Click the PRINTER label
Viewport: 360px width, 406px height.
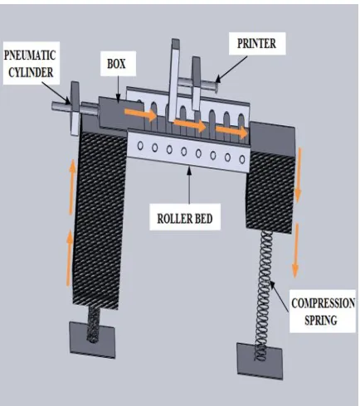tap(256, 43)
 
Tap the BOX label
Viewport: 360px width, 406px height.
tap(116, 64)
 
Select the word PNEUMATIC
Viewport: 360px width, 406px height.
tap(30, 56)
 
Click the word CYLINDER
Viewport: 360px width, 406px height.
tap(31, 72)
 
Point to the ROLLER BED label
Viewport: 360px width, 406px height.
tap(185, 219)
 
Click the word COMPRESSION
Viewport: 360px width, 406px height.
tap(324, 303)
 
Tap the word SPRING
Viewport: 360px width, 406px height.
tap(321, 320)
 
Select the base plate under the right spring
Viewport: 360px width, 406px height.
tap(260, 361)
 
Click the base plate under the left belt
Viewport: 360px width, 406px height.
tap(92, 340)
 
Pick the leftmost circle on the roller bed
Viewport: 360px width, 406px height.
tap(140, 146)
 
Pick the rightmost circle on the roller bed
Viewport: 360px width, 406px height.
tap(242, 159)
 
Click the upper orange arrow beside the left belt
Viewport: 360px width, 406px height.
tap(72, 187)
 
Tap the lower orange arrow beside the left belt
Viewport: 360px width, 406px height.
tap(69, 258)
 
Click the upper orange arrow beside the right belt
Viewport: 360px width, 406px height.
tap(298, 176)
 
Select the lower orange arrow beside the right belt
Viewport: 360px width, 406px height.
tap(295, 250)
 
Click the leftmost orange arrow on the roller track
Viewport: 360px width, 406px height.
tap(140, 114)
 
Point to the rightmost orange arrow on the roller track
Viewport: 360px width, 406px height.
tap(231, 131)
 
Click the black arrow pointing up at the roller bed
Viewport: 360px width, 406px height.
tap(189, 185)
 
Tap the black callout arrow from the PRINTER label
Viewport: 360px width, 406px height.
tap(231, 69)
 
